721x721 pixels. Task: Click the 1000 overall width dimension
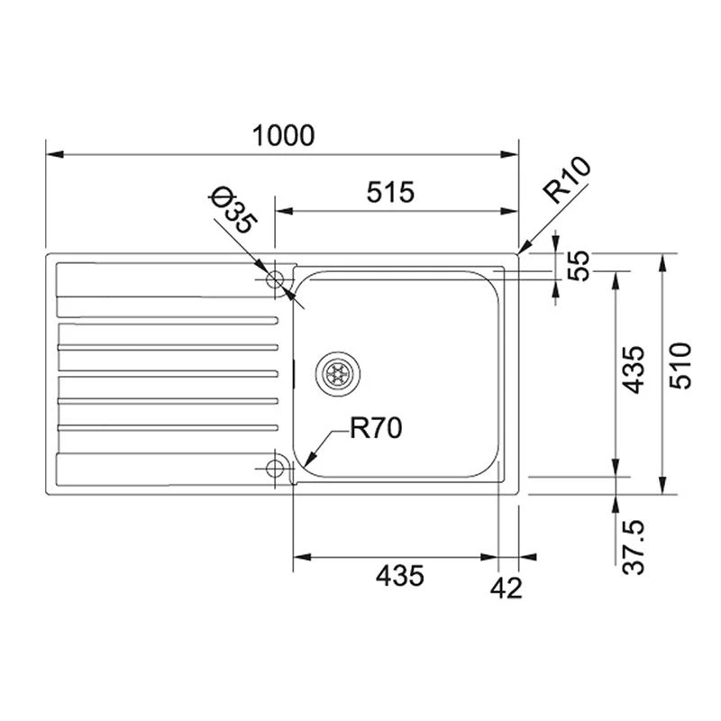pyautogui.click(x=283, y=136)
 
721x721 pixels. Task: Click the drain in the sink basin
pyautogui.click(x=339, y=370)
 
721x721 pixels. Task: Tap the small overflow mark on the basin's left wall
pyautogui.click(x=296, y=370)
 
